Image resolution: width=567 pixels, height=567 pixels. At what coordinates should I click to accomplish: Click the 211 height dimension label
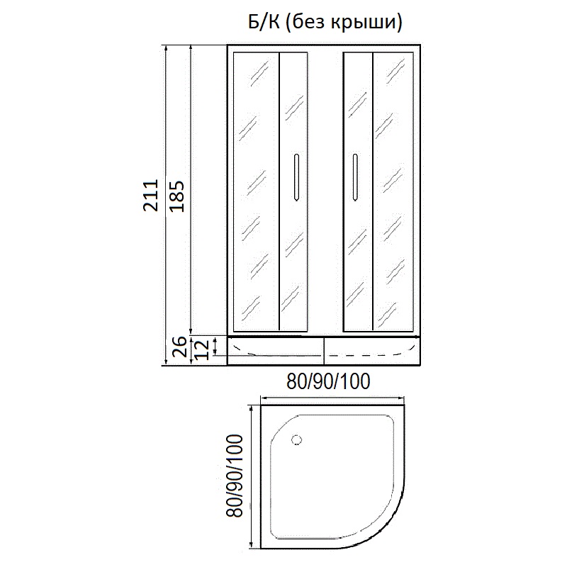151,195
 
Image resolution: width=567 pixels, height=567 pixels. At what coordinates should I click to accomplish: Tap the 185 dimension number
177,196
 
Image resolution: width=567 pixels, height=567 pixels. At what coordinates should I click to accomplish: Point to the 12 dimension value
202,349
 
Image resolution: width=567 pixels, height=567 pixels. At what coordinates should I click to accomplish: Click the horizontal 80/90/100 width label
328,381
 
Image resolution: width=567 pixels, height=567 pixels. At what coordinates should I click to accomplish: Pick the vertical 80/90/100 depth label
234,476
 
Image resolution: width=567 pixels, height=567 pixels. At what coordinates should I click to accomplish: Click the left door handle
296,177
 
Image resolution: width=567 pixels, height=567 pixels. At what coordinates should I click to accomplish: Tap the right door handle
355,177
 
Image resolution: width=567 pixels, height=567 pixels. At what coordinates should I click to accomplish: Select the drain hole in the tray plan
297,440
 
